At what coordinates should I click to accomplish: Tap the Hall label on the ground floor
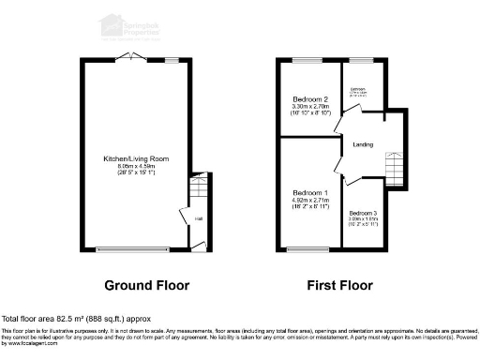coord(198,219)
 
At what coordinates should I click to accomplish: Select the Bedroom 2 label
coord(310,99)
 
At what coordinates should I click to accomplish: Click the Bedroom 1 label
coord(310,192)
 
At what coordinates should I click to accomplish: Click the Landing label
coord(365,143)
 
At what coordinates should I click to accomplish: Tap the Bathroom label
coord(358,90)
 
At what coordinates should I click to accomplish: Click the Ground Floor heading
coord(146,285)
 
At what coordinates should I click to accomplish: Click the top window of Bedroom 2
coord(307,60)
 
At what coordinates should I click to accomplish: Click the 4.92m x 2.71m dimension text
coord(310,201)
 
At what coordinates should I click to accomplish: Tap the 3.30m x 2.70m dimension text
coord(310,107)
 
